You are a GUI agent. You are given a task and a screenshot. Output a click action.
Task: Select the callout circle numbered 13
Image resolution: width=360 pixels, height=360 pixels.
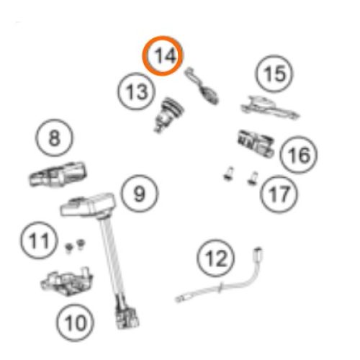(x=136, y=91)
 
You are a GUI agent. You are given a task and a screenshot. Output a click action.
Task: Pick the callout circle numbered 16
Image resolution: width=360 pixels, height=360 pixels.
(x=299, y=155)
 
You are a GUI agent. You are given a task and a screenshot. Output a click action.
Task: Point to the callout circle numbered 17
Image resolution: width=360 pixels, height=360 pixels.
(x=279, y=194)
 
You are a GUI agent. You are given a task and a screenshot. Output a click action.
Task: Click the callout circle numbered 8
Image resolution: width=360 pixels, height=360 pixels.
(x=54, y=138)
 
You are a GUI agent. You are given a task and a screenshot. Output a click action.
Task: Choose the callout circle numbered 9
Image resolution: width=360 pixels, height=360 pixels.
(x=140, y=194)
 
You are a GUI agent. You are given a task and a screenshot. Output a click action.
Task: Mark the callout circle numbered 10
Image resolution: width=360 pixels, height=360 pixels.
(x=76, y=323)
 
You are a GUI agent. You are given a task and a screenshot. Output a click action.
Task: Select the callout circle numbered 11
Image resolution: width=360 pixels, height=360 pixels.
(x=39, y=240)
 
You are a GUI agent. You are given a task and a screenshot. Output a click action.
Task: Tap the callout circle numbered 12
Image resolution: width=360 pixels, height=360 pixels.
(x=216, y=258)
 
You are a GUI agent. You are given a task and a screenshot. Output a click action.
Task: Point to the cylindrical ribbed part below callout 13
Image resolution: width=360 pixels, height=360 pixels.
(x=169, y=114)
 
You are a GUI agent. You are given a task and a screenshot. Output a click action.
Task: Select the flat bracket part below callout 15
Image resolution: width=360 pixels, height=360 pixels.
(x=270, y=108)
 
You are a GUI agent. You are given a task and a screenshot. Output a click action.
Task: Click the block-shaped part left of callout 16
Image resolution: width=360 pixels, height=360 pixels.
(x=256, y=143)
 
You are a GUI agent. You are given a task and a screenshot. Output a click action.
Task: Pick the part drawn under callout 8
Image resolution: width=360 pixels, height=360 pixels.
(x=58, y=174)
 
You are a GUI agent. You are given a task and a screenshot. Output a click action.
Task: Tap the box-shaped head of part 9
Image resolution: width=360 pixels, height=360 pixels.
(x=88, y=204)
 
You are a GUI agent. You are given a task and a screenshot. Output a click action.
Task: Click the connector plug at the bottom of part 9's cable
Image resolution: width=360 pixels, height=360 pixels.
(x=127, y=317)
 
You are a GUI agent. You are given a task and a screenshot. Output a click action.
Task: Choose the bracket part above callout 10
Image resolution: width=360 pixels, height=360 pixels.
(x=67, y=282)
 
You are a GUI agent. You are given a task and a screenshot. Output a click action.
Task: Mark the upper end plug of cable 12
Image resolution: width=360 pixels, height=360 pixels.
(x=258, y=253)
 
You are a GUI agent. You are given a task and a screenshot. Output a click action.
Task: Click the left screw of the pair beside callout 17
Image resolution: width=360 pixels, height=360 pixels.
(x=228, y=174)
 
